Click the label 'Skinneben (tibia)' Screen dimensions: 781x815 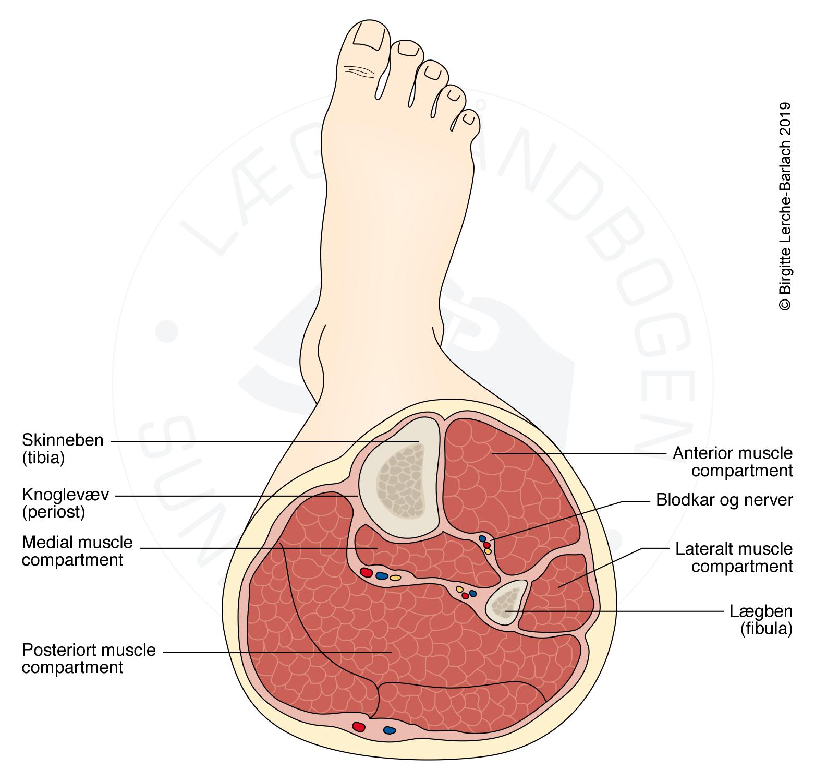pyautogui.click(x=63, y=449)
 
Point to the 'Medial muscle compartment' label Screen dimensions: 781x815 pyautogui.click(x=77, y=551)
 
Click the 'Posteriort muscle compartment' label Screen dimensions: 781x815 pyautogui.click(x=89, y=659)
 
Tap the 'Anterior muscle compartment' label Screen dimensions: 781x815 pyautogui.click(x=732, y=462)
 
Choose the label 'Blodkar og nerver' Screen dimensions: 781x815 pyautogui.click(x=724, y=500)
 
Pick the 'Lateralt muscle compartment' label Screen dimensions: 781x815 pyautogui.click(x=734, y=558)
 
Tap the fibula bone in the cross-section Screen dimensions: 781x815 pyautogui.click(x=505, y=602)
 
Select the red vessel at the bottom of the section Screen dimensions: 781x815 pyautogui.click(x=359, y=726)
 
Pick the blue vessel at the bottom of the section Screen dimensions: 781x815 pyautogui.click(x=390, y=730)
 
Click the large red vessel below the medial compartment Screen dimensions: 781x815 pyautogui.click(x=367, y=573)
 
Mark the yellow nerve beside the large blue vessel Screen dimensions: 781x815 pyautogui.click(x=396, y=578)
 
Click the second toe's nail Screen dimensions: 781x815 pyautogui.click(x=409, y=49)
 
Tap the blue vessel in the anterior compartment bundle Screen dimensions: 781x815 pyautogui.click(x=482, y=538)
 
